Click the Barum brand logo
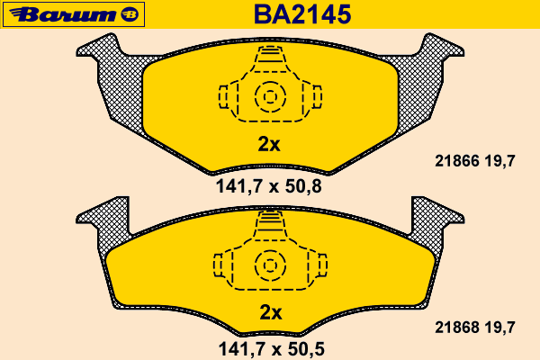(74, 14)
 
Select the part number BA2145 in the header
(302, 14)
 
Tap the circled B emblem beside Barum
(130, 14)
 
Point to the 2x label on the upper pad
(269, 145)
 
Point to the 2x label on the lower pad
(271, 312)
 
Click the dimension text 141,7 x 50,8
(268, 186)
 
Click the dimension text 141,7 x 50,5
(272, 349)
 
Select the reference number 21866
(457, 161)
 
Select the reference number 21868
(457, 328)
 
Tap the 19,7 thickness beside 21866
(500, 161)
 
